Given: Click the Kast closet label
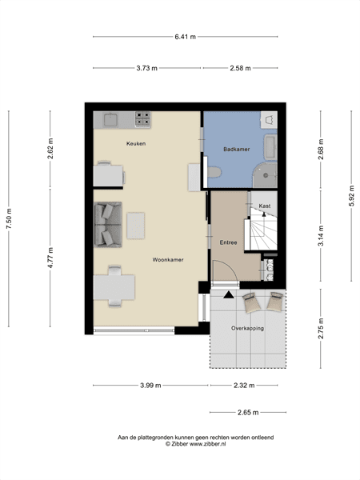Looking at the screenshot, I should pyautogui.click(x=264, y=206).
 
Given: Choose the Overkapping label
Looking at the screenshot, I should pyautogui.click(x=247, y=328).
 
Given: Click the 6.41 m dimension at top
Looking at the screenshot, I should pyautogui.click(x=186, y=36).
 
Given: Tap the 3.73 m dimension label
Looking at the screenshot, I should pyautogui.click(x=148, y=68).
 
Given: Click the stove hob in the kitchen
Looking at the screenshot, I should pyautogui.click(x=143, y=119).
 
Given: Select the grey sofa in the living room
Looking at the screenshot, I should pyautogui.click(x=105, y=224).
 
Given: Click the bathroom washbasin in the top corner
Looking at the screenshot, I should pyautogui.click(x=269, y=119).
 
